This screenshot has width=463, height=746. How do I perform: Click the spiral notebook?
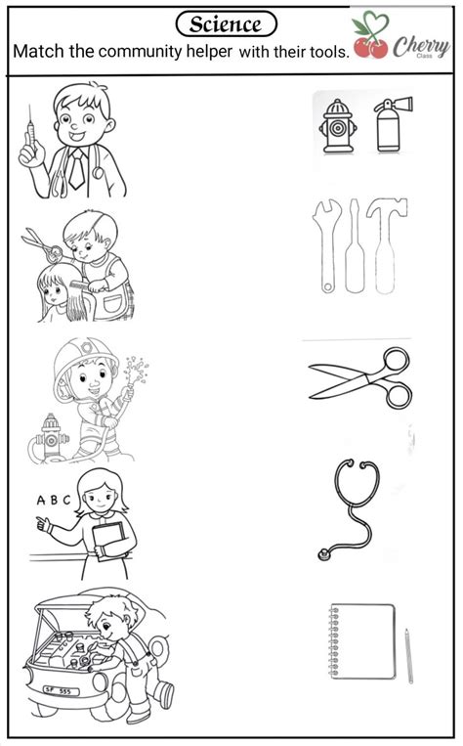tap(362, 641)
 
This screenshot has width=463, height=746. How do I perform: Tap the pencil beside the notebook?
tap(408, 656)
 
